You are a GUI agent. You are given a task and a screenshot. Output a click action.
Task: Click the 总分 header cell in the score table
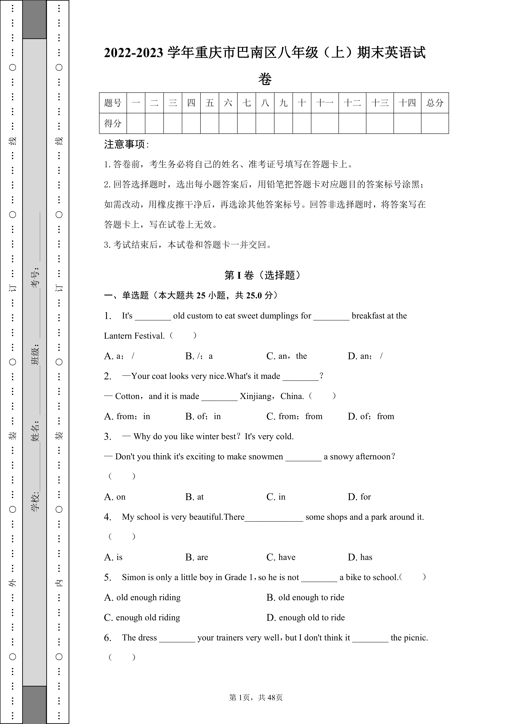click(435, 103)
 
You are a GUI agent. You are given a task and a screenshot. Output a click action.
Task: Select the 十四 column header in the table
click(407, 103)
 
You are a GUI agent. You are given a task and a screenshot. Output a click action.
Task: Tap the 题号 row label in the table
click(113, 103)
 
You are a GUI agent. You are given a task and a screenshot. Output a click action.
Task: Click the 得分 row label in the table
click(113, 123)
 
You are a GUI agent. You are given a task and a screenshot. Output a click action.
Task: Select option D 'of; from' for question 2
click(371, 416)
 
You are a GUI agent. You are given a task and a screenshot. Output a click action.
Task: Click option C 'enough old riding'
click(142, 617)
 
